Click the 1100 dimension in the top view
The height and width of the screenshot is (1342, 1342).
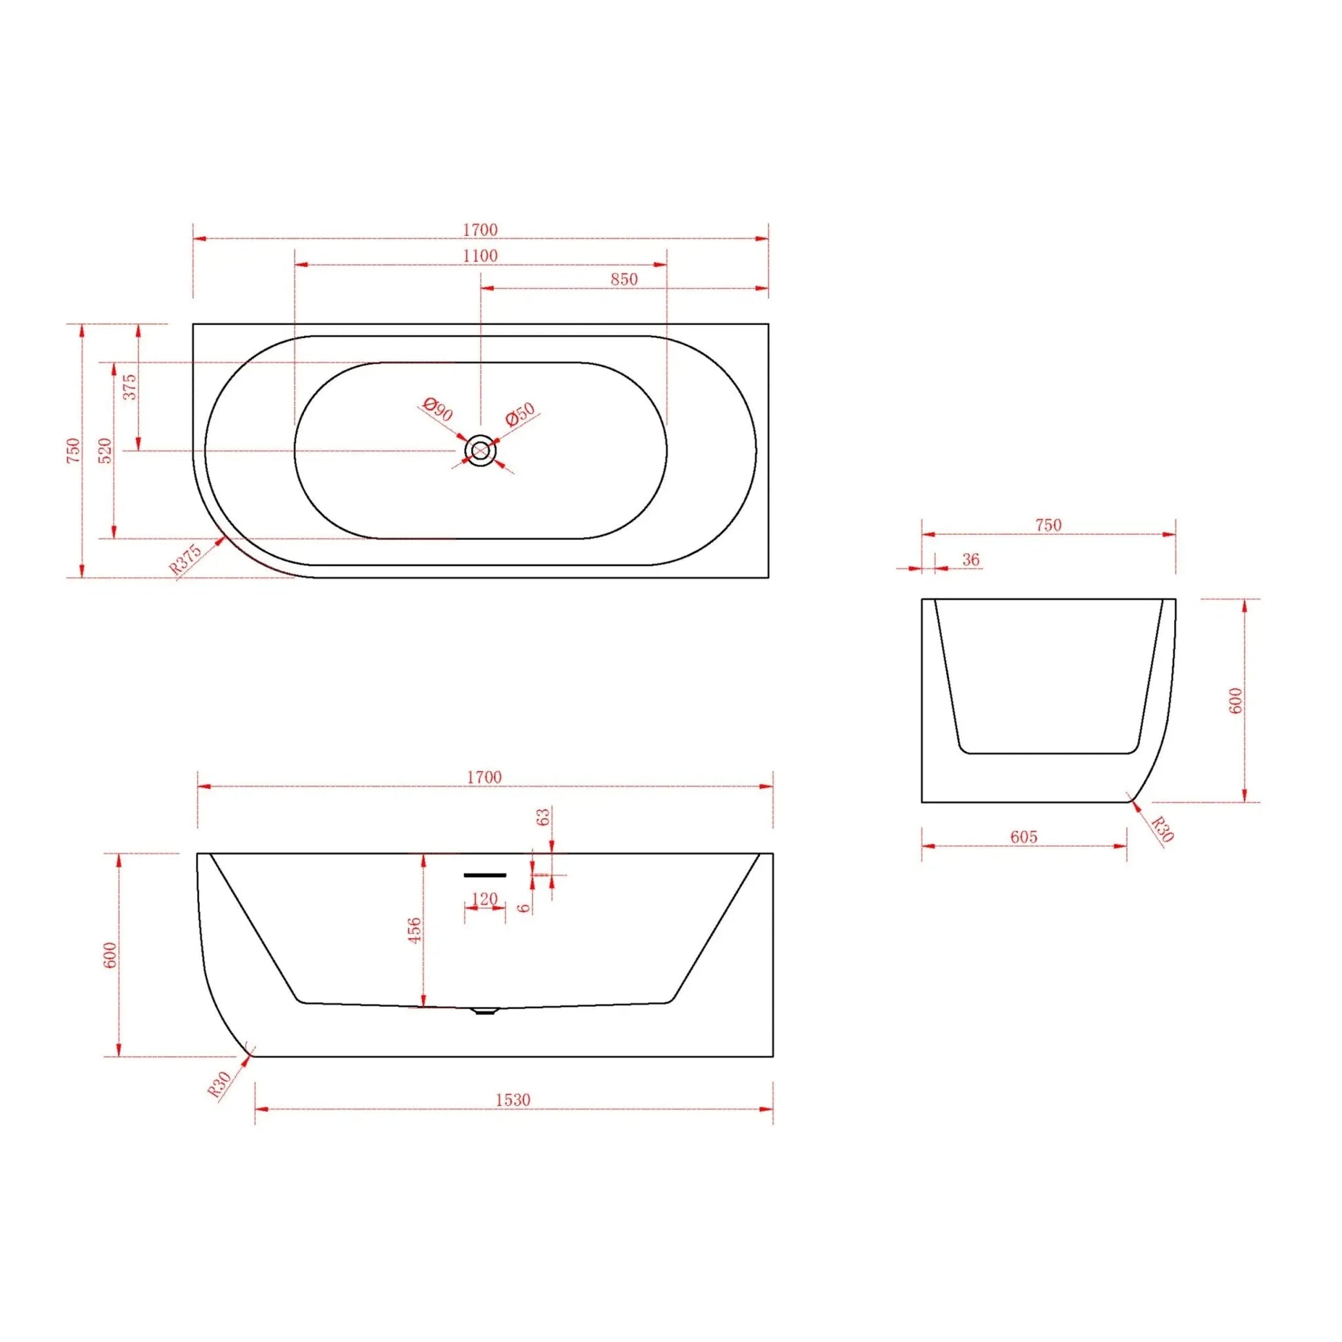480,256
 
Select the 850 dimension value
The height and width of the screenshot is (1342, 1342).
624,279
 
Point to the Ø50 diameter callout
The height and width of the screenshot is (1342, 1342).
520,414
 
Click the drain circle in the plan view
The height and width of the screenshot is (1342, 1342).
480,452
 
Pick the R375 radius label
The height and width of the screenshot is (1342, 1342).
186,559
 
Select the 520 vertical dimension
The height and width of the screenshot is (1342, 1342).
105,451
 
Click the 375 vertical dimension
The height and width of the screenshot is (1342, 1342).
130,387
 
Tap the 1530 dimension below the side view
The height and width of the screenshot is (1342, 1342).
512,1099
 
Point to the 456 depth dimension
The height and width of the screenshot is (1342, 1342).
414,930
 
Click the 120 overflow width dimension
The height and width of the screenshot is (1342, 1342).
484,899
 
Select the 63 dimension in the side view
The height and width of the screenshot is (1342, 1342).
544,817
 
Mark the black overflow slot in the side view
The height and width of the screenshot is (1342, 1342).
485,875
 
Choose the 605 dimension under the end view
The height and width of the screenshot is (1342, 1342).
1023,837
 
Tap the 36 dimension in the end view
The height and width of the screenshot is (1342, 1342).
970,559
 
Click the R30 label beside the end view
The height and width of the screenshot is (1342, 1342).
1162,829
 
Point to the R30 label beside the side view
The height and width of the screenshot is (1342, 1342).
219,1084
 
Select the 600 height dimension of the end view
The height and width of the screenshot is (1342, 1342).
1235,701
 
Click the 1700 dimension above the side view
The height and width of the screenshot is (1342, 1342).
484,777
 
